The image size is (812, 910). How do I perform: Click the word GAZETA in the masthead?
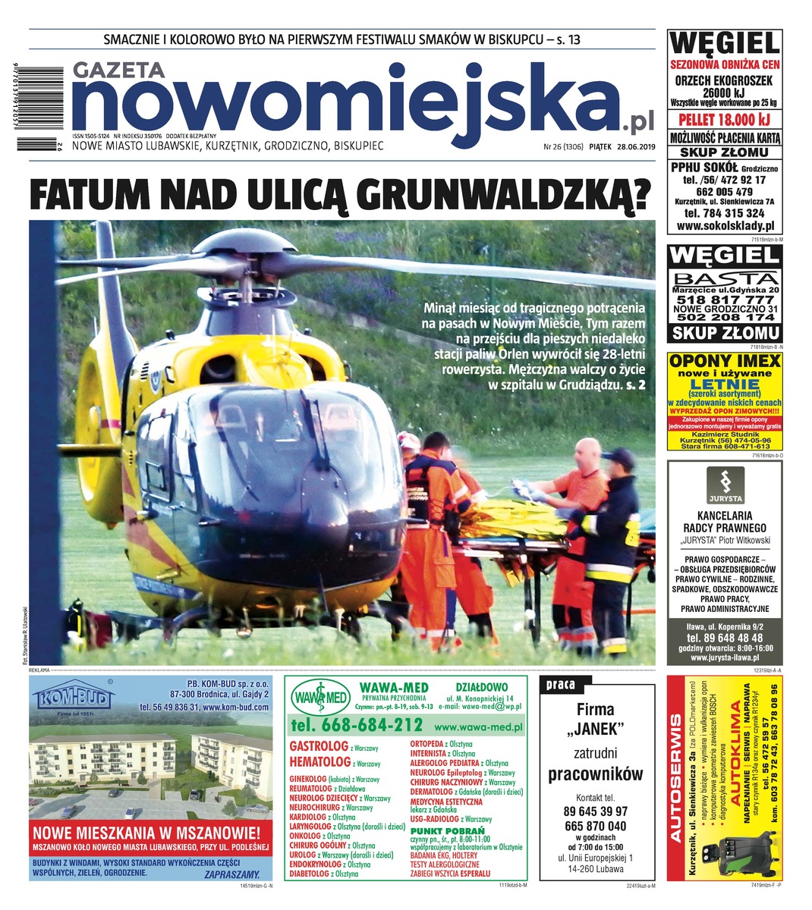119,69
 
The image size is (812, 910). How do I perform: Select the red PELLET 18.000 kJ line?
723,120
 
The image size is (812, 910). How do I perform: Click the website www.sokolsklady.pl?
724,226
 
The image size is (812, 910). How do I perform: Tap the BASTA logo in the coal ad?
724,279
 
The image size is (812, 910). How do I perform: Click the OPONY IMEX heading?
724,362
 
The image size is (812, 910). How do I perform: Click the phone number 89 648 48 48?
723,639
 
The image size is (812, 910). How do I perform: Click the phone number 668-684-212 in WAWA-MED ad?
357,724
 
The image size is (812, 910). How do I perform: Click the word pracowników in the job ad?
595,773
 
